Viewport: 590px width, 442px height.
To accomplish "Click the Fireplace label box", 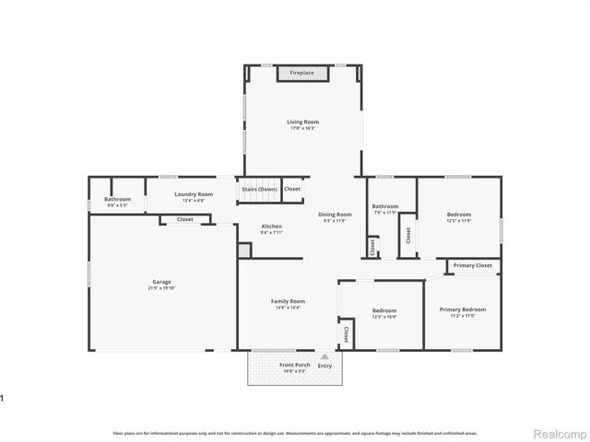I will pyautogui.click(x=301, y=73).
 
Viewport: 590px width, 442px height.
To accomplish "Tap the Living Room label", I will pyautogui.click(x=302, y=122).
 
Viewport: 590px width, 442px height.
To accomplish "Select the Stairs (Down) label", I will pyautogui.click(x=259, y=189).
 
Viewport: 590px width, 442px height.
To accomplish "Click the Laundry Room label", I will pyautogui.click(x=194, y=194).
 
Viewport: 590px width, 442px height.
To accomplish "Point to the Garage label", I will pyautogui.click(x=161, y=282).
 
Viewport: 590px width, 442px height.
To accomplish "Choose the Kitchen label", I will pyautogui.click(x=271, y=227).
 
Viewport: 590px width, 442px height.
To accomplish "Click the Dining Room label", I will pyautogui.click(x=336, y=214).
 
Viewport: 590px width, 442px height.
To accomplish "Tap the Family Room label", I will pyautogui.click(x=288, y=301).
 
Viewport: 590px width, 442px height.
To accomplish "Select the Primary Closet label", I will pyautogui.click(x=472, y=265).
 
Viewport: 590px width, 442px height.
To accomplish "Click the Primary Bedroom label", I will pyautogui.click(x=462, y=309).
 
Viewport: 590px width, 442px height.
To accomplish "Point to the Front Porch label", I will pyautogui.click(x=294, y=366).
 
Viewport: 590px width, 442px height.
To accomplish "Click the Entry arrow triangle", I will pyautogui.click(x=324, y=356).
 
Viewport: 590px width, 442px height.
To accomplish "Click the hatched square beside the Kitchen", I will pyautogui.click(x=244, y=249).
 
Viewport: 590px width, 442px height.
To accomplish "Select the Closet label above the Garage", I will pyautogui.click(x=184, y=219).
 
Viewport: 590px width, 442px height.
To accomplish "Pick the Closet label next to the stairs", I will pyautogui.click(x=292, y=189).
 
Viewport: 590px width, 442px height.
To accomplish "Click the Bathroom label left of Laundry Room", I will pyautogui.click(x=117, y=199).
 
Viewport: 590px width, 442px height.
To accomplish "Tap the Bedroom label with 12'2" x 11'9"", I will pyautogui.click(x=459, y=214).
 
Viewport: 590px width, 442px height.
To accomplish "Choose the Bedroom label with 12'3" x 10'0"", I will pyautogui.click(x=383, y=310).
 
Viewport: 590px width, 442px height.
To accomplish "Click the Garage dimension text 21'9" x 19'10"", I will pyautogui.click(x=161, y=288).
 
